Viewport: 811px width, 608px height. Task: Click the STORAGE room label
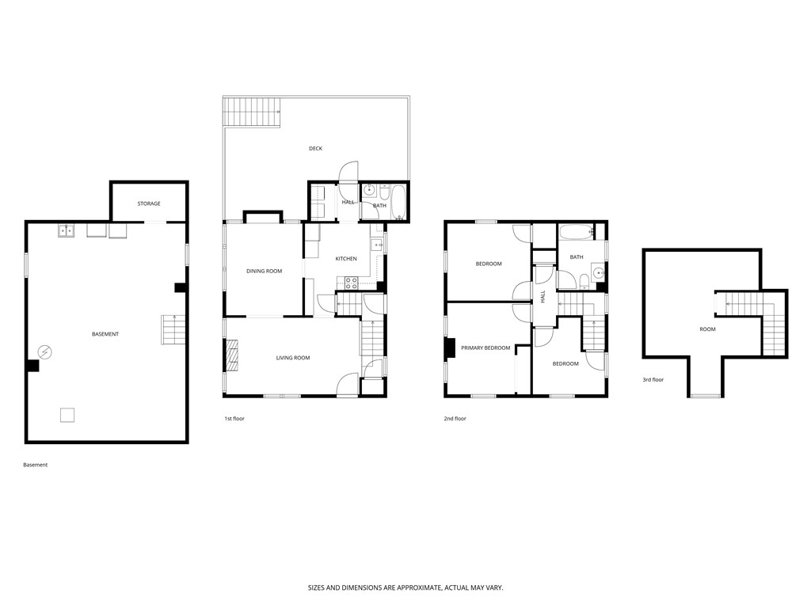pyautogui.click(x=149, y=203)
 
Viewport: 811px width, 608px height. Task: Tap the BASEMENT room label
pyautogui.click(x=105, y=334)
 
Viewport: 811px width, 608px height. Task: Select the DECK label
pyautogui.click(x=315, y=148)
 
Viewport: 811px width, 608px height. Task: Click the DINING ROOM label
pyautogui.click(x=264, y=272)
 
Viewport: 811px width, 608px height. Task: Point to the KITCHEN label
pyautogui.click(x=346, y=259)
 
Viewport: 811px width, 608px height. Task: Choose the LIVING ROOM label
pyautogui.click(x=293, y=358)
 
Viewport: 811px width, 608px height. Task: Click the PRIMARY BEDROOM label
pyautogui.click(x=485, y=348)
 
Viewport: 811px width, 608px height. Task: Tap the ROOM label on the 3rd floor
pyautogui.click(x=707, y=329)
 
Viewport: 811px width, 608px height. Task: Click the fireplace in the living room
pyautogui.click(x=233, y=355)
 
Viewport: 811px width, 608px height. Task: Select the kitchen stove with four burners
pyautogui.click(x=351, y=283)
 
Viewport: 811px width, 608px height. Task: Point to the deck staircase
pyautogui.click(x=253, y=111)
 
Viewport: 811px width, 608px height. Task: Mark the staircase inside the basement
pyautogui.click(x=173, y=329)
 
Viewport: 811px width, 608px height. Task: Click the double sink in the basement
pyautogui.click(x=66, y=230)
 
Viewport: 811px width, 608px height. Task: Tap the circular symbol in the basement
pyautogui.click(x=46, y=351)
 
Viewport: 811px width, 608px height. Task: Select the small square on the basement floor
pyautogui.click(x=68, y=414)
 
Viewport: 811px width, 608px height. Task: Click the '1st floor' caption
pyautogui.click(x=234, y=418)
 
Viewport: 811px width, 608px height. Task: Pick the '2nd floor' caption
pyautogui.click(x=455, y=418)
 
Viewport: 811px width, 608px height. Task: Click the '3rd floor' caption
pyautogui.click(x=653, y=380)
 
